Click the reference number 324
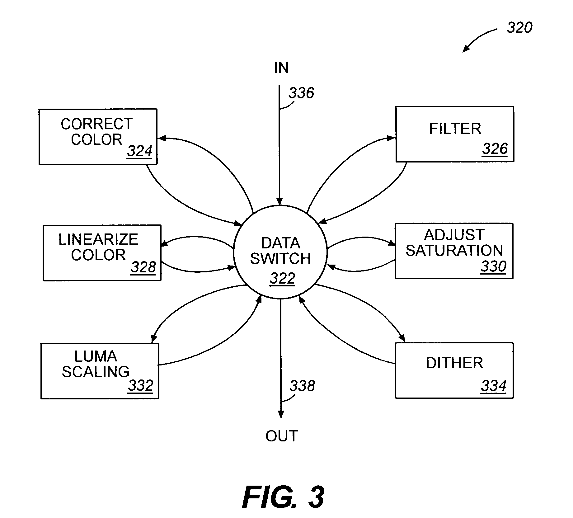pos(139,151)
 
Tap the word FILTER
pos(455,129)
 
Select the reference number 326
pos(495,149)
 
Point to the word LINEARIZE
pos(98,239)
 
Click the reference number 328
pos(143,267)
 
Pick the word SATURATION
pos(454,250)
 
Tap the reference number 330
pos(494,266)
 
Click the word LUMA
pos(96,356)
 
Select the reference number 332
pos(141,385)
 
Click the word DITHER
pos(454,363)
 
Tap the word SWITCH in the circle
pos(280,258)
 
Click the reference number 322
pos(282,278)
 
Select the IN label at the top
pos(282,68)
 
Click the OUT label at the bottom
pos(282,436)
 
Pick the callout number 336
pos(301,93)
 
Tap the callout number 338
pos(302,386)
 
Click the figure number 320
pos(520,28)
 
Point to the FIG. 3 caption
pos(283,497)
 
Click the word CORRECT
pos(97,124)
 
